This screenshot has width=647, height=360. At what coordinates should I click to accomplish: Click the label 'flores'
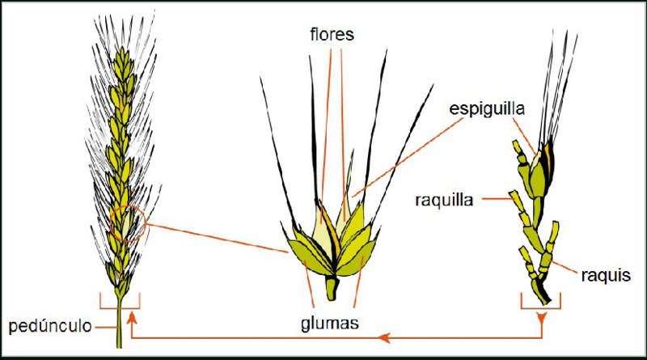coord(332,35)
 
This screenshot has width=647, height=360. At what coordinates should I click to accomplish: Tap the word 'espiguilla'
coord(487,109)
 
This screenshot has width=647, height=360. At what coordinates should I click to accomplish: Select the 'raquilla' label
coord(444,201)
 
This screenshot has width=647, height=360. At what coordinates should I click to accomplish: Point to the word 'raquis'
coord(606,275)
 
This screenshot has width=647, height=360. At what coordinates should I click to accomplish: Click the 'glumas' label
coord(330,324)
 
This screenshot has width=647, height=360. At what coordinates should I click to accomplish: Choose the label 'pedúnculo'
coord(50,326)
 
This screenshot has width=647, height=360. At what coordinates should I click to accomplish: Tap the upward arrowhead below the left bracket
coord(132,317)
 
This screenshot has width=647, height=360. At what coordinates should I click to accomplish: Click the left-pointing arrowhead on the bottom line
coord(385,337)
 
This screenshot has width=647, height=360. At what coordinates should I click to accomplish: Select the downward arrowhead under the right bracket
coord(541,317)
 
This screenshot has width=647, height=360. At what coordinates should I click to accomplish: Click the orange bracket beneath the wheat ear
coord(120,308)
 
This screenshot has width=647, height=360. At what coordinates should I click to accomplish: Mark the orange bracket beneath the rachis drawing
coord(540,308)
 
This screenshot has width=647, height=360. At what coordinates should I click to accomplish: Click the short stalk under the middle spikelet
coord(332,288)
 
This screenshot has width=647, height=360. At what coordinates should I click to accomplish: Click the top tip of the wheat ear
coord(124,49)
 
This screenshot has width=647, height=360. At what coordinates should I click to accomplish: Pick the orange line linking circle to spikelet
coord(217,238)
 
